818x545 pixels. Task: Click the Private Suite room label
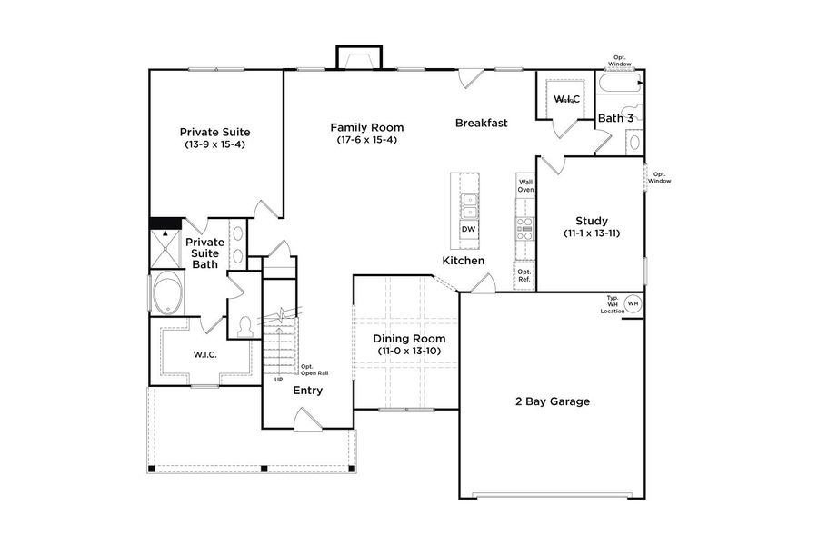tap(214, 132)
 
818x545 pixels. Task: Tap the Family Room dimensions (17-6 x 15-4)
tap(366, 140)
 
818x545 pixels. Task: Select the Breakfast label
tap(481, 123)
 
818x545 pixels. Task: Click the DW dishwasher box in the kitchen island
tap(469, 229)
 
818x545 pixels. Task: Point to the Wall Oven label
tap(525, 185)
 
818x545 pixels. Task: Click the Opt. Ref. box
tap(524, 276)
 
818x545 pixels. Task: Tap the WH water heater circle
tap(633, 303)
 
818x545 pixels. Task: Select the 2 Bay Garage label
tap(552, 401)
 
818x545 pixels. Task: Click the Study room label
tap(592, 221)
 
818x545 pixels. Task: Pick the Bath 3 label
tap(614, 118)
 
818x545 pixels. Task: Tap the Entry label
tap(307, 391)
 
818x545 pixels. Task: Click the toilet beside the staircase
tap(244, 326)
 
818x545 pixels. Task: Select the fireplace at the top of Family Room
tap(358, 58)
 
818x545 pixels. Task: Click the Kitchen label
tap(463, 261)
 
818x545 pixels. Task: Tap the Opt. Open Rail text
tap(313, 371)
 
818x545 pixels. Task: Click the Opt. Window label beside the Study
tap(659, 177)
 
